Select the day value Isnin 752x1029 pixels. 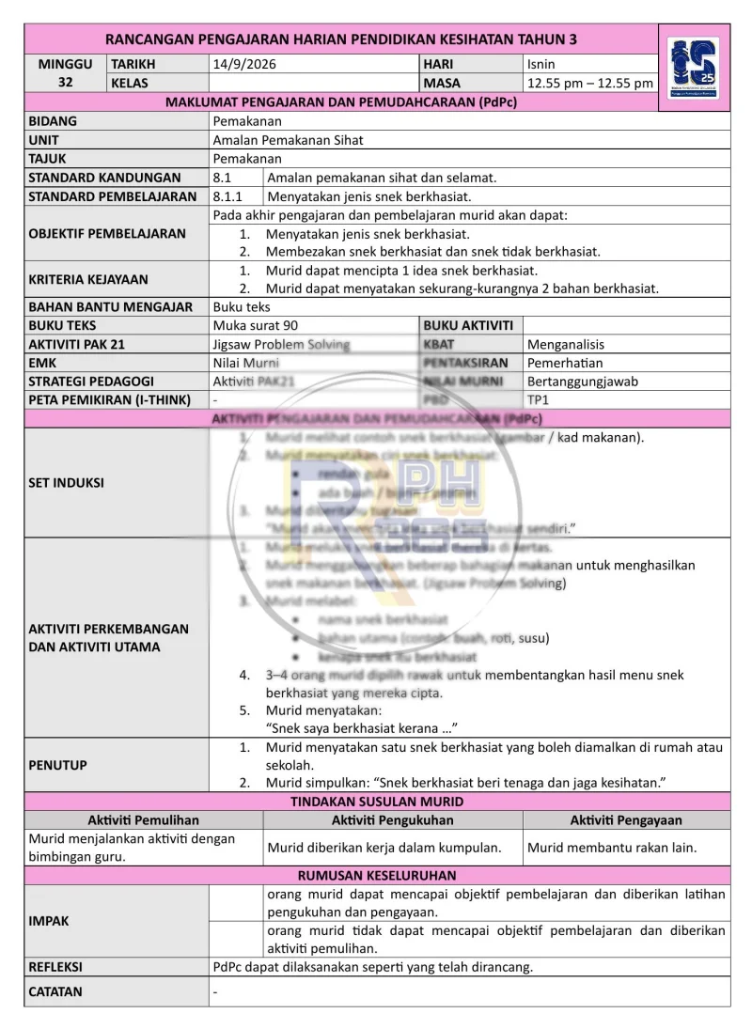[x=541, y=64]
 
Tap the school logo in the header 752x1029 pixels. [x=695, y=69]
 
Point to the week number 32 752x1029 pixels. [x=65, y=83]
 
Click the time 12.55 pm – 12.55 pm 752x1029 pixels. [x=589, y=83]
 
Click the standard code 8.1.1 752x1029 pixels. [x=227, y=196]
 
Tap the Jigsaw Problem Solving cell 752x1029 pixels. [x=281, y=344]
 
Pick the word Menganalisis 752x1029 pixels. [x=566, y=344]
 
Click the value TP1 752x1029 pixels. [x=540, y=400]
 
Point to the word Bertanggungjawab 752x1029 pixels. [x=583, y=382]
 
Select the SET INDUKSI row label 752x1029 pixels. [x=67, y=483]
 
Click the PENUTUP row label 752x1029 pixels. [x=57, y=765]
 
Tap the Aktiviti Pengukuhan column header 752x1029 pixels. [x=392, y=820]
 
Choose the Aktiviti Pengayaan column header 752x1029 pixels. [x=626, y=820]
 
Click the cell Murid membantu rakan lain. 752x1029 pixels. [x=612, y=847]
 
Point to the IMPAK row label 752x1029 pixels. [x=49, y=921]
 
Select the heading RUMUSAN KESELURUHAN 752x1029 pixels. [x=376, y=874]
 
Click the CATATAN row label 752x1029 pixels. [x=55, y=991]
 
